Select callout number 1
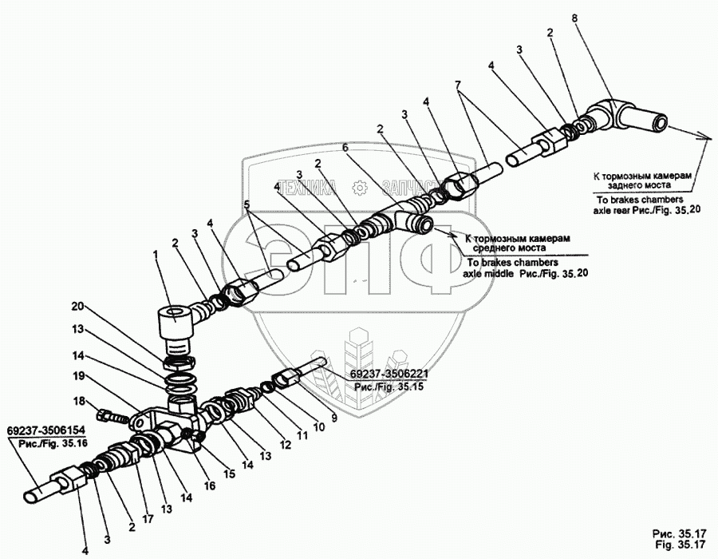click(157, 254)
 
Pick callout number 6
click(345, 148)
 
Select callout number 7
click(458, 85)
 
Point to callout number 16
click(210, 484)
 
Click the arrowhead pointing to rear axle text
click(707, 137)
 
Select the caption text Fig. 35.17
click(679, 545)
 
